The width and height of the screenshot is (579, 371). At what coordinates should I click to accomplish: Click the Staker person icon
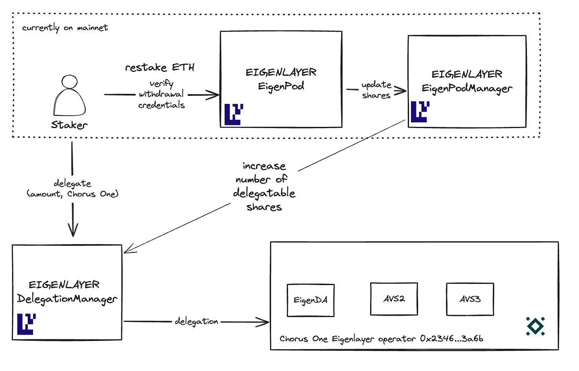(x=69, y=96)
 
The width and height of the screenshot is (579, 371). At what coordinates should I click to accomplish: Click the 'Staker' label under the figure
(x=69, y=125)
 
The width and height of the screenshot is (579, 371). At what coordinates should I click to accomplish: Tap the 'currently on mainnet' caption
(x=65, y=28)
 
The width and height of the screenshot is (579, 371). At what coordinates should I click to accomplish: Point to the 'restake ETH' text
(x=160, y=67)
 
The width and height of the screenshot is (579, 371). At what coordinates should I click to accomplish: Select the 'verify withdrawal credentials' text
(x=161, y=94)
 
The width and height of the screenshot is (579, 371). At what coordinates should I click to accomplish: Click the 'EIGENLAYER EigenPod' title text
(x=281, y=79)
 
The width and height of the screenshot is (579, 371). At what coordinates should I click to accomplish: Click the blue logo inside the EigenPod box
(x=234, y=114)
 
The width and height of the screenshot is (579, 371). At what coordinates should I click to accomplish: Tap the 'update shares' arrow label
(x=376, y=90)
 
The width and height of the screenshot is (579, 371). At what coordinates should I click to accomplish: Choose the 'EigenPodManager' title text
(x=467, y=88)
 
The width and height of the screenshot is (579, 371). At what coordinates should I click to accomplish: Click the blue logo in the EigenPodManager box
(x=420, y=112)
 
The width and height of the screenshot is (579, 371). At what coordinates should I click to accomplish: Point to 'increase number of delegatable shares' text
(x=264, y=186)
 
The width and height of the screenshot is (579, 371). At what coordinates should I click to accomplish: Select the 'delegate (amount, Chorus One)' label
(x=73, y=188)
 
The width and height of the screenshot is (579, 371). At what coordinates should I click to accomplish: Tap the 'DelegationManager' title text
(x=67, y=299)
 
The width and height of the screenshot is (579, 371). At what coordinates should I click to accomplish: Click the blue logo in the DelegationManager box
(x=26, y=324)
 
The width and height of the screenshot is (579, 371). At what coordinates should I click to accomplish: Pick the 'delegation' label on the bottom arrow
(x=196, y=321)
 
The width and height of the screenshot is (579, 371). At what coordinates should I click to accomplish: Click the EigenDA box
(x=311, y=300)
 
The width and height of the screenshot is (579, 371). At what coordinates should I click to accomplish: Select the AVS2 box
(x=394, y=299)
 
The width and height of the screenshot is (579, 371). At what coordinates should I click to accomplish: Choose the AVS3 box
(x=470, y=299)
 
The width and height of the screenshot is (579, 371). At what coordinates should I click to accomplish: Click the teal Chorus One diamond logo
(x=535, y=326)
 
